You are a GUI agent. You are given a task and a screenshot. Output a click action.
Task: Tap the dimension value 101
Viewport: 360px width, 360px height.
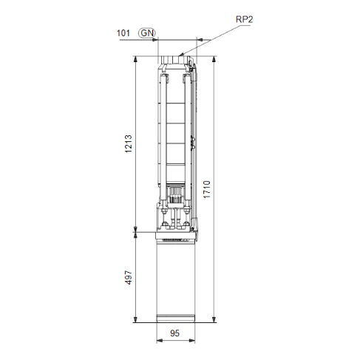(124, 33)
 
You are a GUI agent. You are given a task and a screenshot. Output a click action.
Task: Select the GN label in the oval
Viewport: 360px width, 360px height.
(149, 33)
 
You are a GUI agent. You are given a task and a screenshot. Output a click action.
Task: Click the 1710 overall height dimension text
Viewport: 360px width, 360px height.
(208, 189)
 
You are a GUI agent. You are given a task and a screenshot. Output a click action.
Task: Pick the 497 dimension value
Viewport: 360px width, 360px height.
(128, 278)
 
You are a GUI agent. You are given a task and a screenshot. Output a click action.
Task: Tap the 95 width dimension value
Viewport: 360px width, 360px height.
(176, 333)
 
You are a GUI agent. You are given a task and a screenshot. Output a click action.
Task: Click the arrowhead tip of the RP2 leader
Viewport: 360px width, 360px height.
(180, 55)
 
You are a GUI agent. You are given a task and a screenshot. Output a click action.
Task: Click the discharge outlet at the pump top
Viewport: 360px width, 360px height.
(176, 55)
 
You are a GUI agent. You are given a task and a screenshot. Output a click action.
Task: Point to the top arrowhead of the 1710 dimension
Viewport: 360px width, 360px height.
(214, 58)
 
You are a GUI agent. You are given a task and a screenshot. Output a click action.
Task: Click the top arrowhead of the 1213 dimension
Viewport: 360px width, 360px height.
(135, 58)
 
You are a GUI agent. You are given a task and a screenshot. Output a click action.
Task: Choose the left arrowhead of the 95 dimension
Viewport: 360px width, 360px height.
(157, 341)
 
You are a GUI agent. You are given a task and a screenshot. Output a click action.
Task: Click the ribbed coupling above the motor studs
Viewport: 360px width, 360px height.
(176, 195)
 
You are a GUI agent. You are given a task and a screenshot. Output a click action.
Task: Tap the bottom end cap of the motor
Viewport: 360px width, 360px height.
(176, 319)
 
